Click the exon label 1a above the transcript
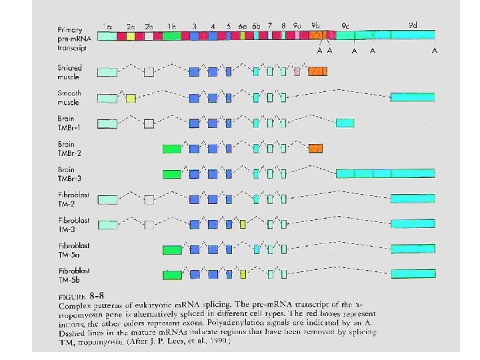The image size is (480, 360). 107,27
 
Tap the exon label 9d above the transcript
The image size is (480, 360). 413,25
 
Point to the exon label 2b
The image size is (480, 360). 149,27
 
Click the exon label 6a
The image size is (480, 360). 243,27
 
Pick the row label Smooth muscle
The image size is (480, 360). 69,98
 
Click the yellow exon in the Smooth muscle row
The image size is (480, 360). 131,99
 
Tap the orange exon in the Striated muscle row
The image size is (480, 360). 317,71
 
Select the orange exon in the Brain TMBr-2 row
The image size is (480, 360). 316,148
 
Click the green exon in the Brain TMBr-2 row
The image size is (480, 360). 172,149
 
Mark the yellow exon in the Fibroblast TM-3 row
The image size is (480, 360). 243,223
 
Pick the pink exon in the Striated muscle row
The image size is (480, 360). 298,71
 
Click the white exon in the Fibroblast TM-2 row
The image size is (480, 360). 149,199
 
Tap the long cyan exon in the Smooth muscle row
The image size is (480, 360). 413,98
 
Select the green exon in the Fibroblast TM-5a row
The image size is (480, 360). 172,249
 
